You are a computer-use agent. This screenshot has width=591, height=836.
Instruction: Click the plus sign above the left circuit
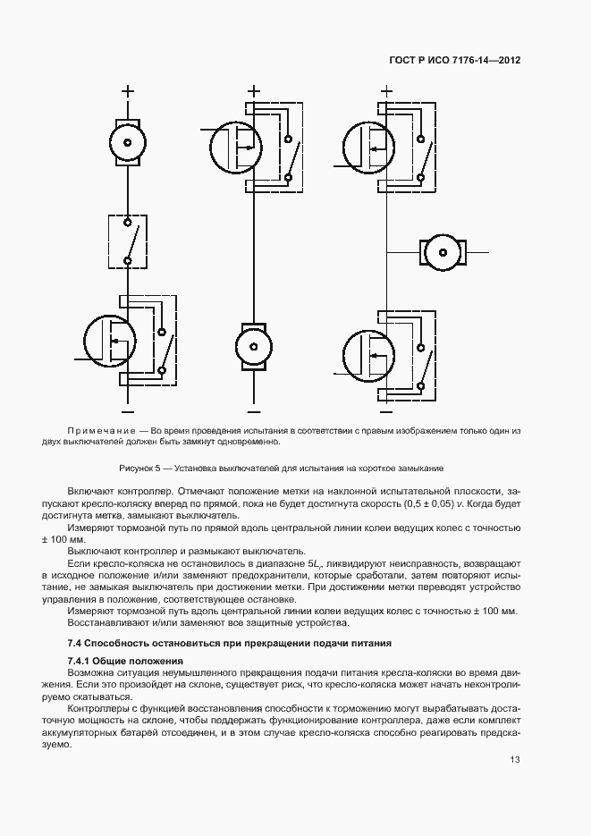point(127,89)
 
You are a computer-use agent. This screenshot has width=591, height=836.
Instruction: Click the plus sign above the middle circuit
point(253,89)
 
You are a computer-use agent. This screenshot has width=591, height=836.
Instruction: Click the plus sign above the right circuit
point(386,89)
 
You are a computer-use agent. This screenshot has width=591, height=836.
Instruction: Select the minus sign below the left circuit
point(127,410)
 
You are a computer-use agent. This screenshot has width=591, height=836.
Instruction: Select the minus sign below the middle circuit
point(253,410)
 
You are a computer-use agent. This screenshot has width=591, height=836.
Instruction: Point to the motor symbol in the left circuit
point(127,142)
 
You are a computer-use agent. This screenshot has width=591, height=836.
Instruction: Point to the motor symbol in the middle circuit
point(253,345)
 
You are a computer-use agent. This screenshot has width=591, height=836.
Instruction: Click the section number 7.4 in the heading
point(76,644)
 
